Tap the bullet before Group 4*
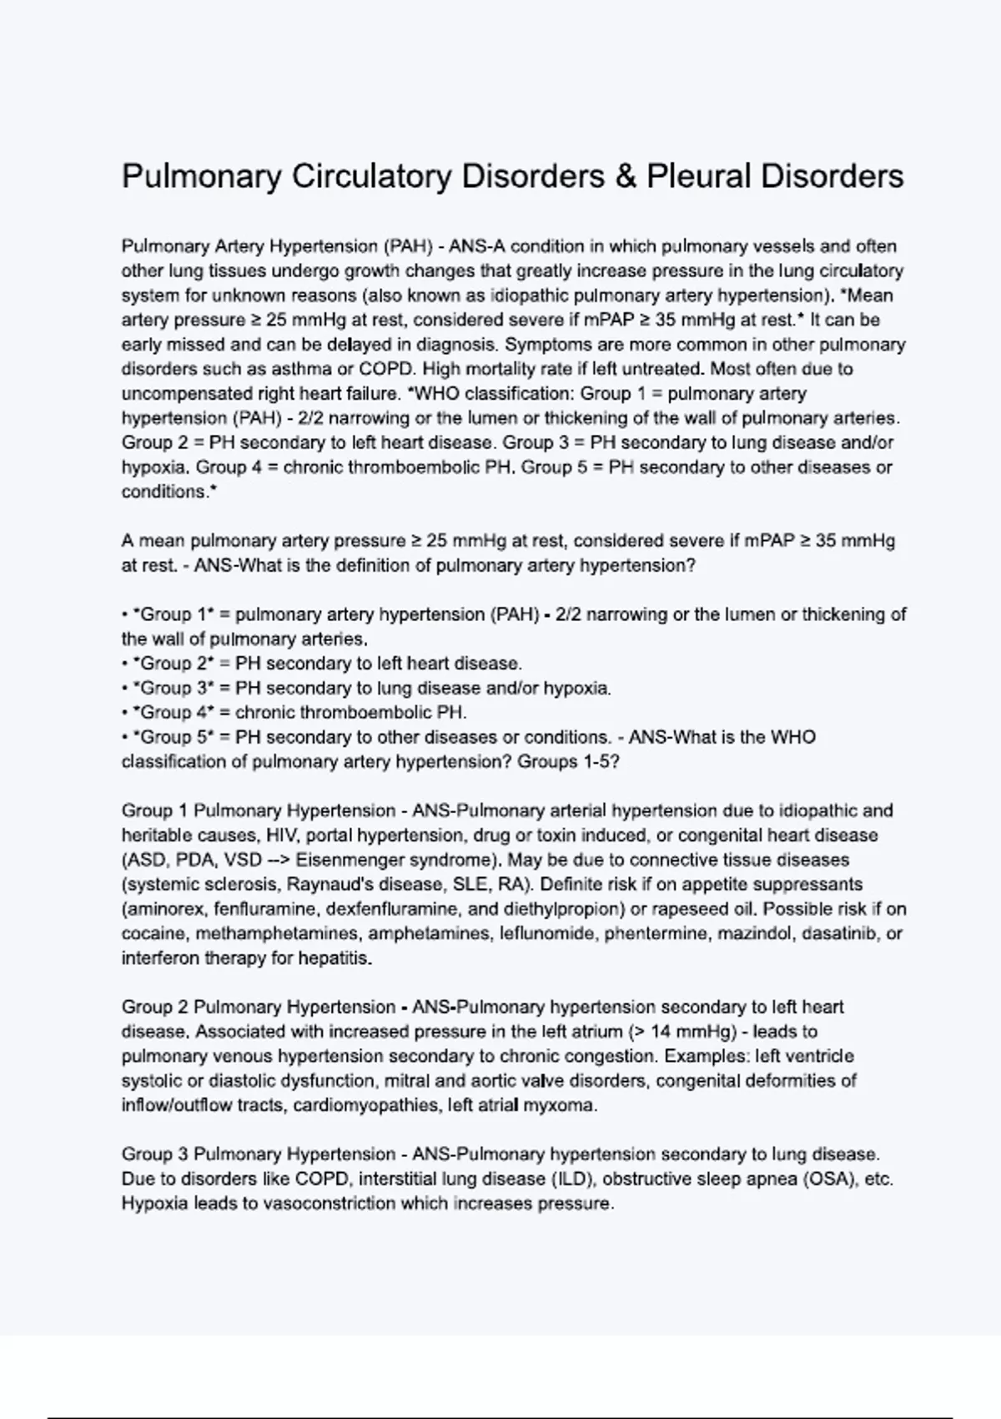tap(125, 713)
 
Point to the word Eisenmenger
tap(347, 860)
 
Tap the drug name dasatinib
tap(839, 933)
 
